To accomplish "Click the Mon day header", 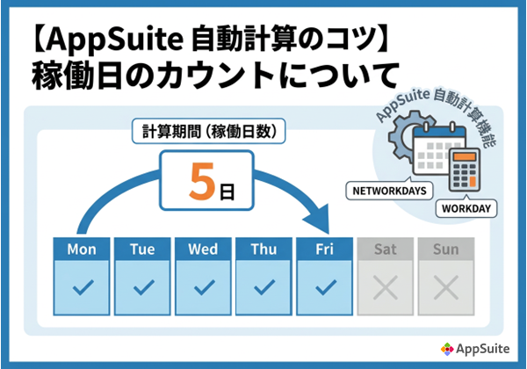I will pyautogui.click(x=82, y=250).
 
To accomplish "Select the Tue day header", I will pyautogui.click(x=142, y=250).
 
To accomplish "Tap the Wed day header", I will pyautogui.click(x=203, y=250).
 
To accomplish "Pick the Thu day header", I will pyautogui.click(x=263, y=250).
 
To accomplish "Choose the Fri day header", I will pyautogui.click(x=325, y=250).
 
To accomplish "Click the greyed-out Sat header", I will pyautogui.click(x=386, y=250).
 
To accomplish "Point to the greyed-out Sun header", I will pyautogui.click(x=446, y=250).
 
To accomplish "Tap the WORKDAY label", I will pyautogui.click(x=466, y=209).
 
